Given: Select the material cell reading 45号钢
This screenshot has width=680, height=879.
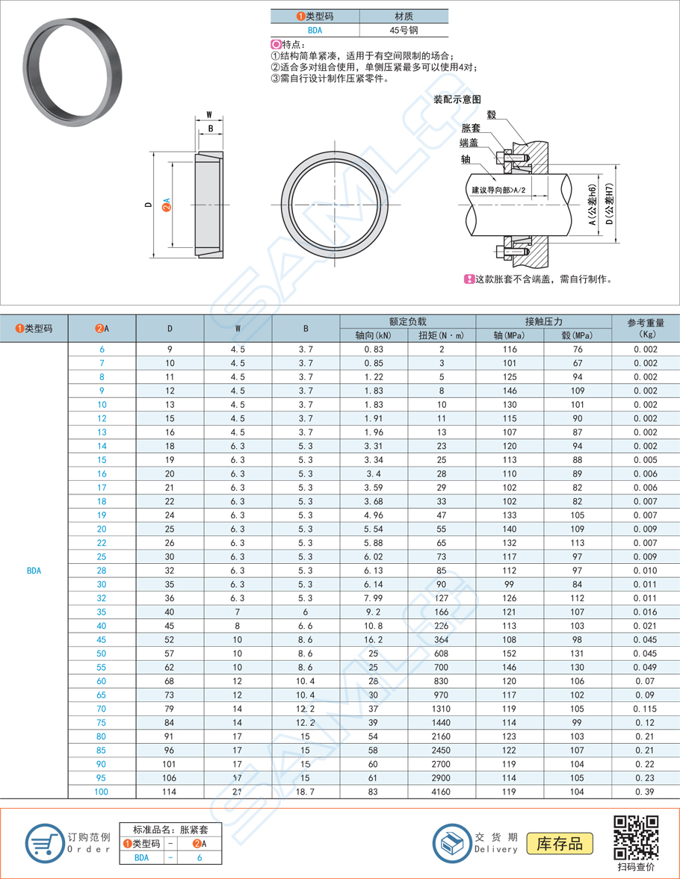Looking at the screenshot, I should tap(404, 31).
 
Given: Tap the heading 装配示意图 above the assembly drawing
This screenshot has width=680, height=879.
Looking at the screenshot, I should tap(457, 99).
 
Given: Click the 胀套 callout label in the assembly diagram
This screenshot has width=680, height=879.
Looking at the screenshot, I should tap(471, 128).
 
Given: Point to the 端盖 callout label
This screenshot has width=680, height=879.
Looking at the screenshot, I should tap(469, 143).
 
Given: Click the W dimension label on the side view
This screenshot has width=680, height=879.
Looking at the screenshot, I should tap(209, 115).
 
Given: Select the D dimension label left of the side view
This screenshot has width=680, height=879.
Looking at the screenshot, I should tap(149, 205).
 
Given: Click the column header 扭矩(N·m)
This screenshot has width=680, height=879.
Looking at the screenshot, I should tap(442, 335).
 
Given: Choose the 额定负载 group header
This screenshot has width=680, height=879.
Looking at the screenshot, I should tap(408, 321).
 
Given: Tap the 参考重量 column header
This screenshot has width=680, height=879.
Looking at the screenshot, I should tap(646, 323).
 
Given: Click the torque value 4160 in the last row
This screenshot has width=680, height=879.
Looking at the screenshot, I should tap(442, 792).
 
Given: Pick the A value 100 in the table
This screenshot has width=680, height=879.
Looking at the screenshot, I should tap(102, 792).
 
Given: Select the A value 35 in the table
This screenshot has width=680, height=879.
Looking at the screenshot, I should tap(102, 612).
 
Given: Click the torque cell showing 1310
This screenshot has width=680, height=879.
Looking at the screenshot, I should tap(442, 709).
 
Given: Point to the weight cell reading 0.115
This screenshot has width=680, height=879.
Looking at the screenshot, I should tap(646, 709).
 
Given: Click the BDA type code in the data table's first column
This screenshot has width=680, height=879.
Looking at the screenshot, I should tap(34, 571).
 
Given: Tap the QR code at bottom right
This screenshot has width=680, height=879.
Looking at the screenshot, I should tap(636, 837).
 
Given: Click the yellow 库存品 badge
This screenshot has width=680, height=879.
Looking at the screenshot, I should tap(560, 844).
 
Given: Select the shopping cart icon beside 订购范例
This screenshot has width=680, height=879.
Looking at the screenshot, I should tap(44, 844).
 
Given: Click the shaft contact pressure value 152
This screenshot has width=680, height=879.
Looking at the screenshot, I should tap(510, 653).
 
